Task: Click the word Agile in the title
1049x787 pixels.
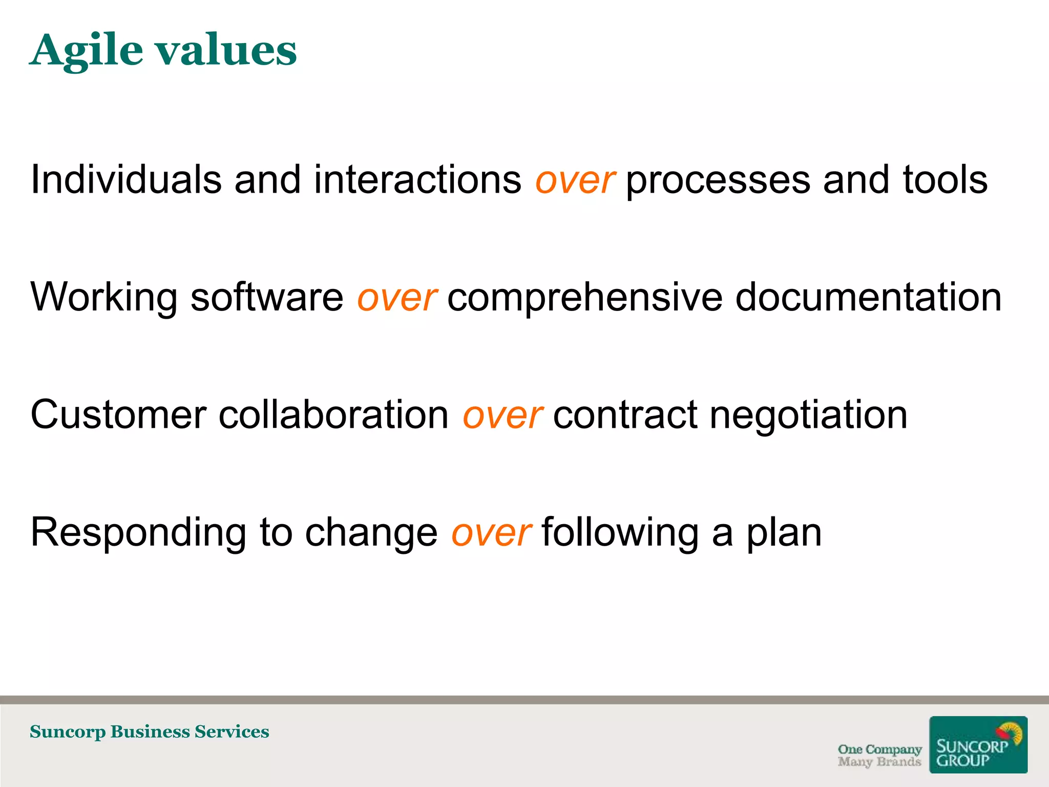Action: pyautogui.click(x=86, y=51)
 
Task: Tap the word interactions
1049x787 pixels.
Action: pyautogui.click(x=417, y=180)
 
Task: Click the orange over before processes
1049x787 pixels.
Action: pyautogui.click(x=574, y=181)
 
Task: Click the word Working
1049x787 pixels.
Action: pyautogui.click(x=104, y=298)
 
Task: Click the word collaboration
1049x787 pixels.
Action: pyautogui.click(x=333, y=415)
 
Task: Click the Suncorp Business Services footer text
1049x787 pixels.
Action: pyautogui.click(x=149, y=732)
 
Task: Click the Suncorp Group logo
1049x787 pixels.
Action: pyautogui.click(x=978, y=744)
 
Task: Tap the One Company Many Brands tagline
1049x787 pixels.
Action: pyautogui.click(x=879, y=755)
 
